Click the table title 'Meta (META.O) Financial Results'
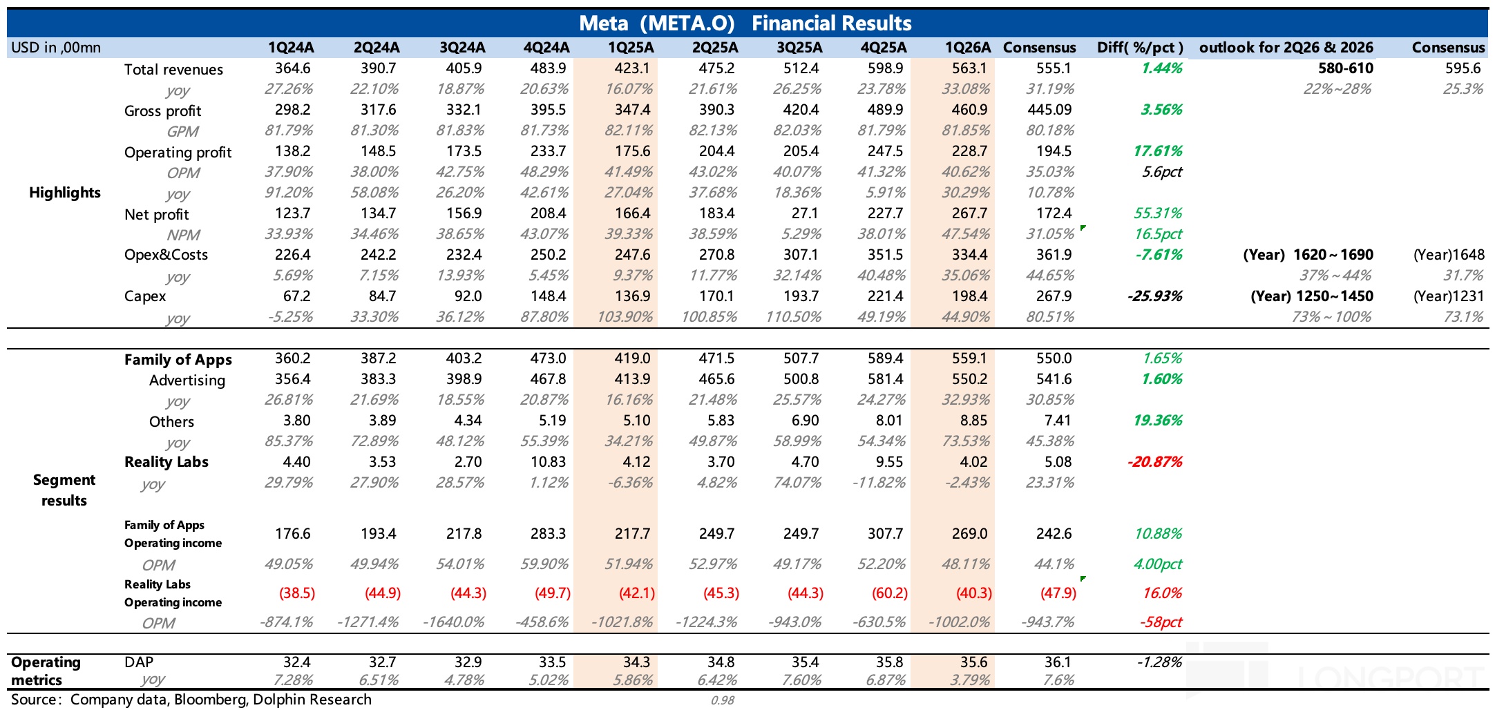[745, 23]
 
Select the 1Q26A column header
[969, 48]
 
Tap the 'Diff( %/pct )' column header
[1140, 48]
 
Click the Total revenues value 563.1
[969, 68]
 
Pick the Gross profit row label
[163, 111]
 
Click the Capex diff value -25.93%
[1154, 296]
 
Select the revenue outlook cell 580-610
[1346, 68]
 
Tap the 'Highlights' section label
[65, 193]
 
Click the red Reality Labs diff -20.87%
[1154, 462]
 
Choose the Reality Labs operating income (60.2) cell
[889, 593]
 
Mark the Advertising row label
[187, 381]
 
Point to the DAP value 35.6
[973, 662]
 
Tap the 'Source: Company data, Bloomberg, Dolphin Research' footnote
[191, 700]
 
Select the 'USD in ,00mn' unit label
[56, 48]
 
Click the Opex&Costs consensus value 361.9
[1054, 255]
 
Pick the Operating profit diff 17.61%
[1158, 151]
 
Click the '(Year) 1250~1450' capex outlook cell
[1312, 296]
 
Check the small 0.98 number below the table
[723, 700]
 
